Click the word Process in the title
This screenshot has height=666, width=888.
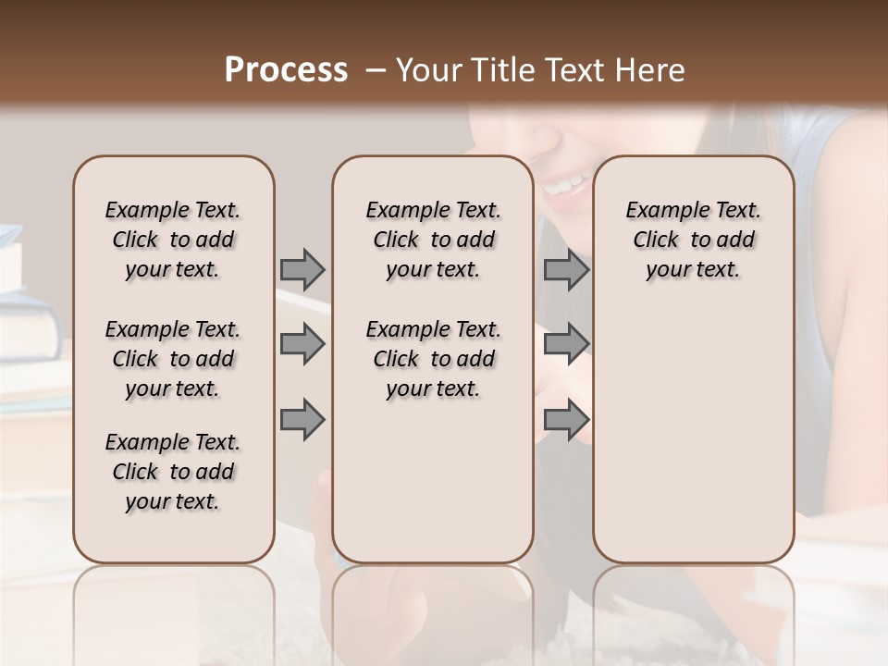286,70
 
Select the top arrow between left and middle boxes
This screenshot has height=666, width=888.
302,269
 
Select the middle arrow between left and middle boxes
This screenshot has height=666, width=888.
302,344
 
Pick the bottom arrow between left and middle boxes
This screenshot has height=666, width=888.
302,420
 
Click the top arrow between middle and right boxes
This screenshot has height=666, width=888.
566,269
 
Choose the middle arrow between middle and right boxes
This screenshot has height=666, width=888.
566,344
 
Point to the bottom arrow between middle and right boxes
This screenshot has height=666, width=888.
566,420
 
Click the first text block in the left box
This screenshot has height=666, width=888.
173,240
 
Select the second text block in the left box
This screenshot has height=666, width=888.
173,359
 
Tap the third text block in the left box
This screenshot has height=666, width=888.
173,472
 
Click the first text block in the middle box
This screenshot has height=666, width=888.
433,240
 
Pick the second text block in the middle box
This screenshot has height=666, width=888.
433,359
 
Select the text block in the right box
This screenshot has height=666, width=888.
693,240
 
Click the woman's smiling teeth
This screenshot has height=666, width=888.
563,184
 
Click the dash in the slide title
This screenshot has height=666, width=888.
376,70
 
